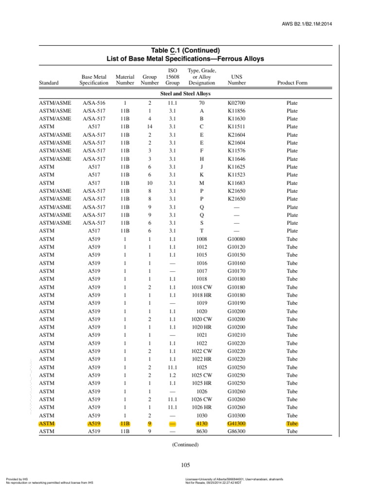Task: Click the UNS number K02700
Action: point(237,103)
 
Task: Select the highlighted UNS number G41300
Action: point(237,423)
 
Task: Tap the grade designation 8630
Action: point(202,431)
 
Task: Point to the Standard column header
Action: point(49,83)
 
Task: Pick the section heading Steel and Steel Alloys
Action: point(185,93)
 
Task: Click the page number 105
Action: point(185,465)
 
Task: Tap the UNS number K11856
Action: point(237,111)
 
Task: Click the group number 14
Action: point(150,127)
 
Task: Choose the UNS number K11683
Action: point(237,183)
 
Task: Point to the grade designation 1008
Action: point(202,239)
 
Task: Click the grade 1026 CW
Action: point(202,399)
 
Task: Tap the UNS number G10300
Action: point(237,415)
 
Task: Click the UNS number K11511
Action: point(237,127)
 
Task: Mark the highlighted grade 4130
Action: point(202,423)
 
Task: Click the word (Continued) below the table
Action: point(185,445)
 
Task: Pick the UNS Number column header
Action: point(237,80)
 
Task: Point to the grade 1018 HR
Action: point(202,295)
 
